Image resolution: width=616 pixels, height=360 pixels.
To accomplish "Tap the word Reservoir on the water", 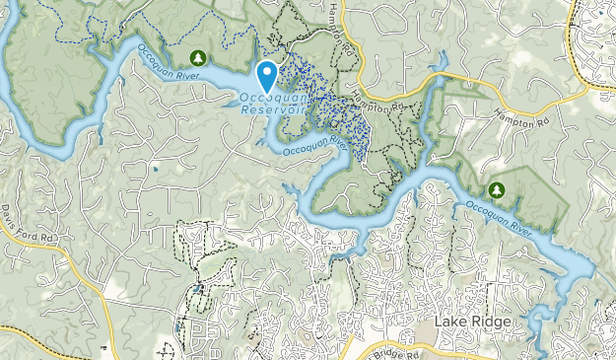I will [272, 109].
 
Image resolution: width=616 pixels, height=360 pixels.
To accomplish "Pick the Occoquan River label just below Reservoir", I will [314, 145].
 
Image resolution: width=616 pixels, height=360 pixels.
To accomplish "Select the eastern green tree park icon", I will [496, 188].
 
